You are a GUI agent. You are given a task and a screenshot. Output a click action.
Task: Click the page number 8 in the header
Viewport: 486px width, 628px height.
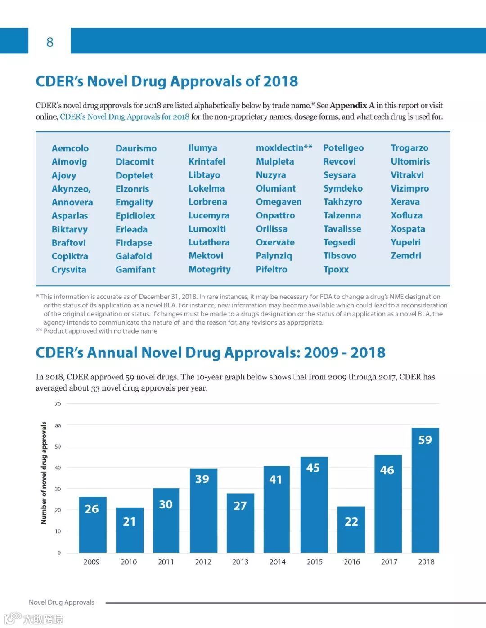point(49,42)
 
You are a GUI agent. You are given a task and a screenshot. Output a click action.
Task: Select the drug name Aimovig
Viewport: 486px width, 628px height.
point(69,162)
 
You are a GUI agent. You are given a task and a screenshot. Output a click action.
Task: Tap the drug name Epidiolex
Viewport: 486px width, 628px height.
point(135,216)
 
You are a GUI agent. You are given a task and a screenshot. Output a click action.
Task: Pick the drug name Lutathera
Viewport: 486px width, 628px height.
point(209,242)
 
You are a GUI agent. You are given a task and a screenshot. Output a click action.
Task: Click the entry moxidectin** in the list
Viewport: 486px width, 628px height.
point(284,148)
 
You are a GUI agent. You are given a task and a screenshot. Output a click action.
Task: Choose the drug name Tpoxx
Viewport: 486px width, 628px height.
point(336,269)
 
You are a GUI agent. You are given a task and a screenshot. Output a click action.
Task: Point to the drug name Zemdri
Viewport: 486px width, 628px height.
point(406,256)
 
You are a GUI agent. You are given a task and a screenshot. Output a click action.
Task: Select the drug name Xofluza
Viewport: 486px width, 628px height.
point(406,215)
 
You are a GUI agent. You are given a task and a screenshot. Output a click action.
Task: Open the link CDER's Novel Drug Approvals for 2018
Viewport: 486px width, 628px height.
point(125,117)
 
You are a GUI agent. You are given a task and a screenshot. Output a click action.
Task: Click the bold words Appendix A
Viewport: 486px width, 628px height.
point(352,106)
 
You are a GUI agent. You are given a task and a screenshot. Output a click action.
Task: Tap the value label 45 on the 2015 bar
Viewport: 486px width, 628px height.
point(313,468)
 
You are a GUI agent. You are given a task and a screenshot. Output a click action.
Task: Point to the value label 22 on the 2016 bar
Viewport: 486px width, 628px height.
point(351,521)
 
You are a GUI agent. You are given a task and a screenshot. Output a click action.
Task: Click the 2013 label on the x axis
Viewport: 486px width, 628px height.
point(240,562)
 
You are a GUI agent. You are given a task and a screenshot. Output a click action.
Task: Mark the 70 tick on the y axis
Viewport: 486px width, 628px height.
point(58,404)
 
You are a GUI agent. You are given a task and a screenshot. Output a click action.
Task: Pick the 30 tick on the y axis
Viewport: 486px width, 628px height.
point(58,489)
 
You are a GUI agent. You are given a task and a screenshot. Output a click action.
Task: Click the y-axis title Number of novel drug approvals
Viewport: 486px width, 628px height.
point(44,473)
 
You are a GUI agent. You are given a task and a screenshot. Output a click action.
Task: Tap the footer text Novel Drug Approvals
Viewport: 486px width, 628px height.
point(62,602)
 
